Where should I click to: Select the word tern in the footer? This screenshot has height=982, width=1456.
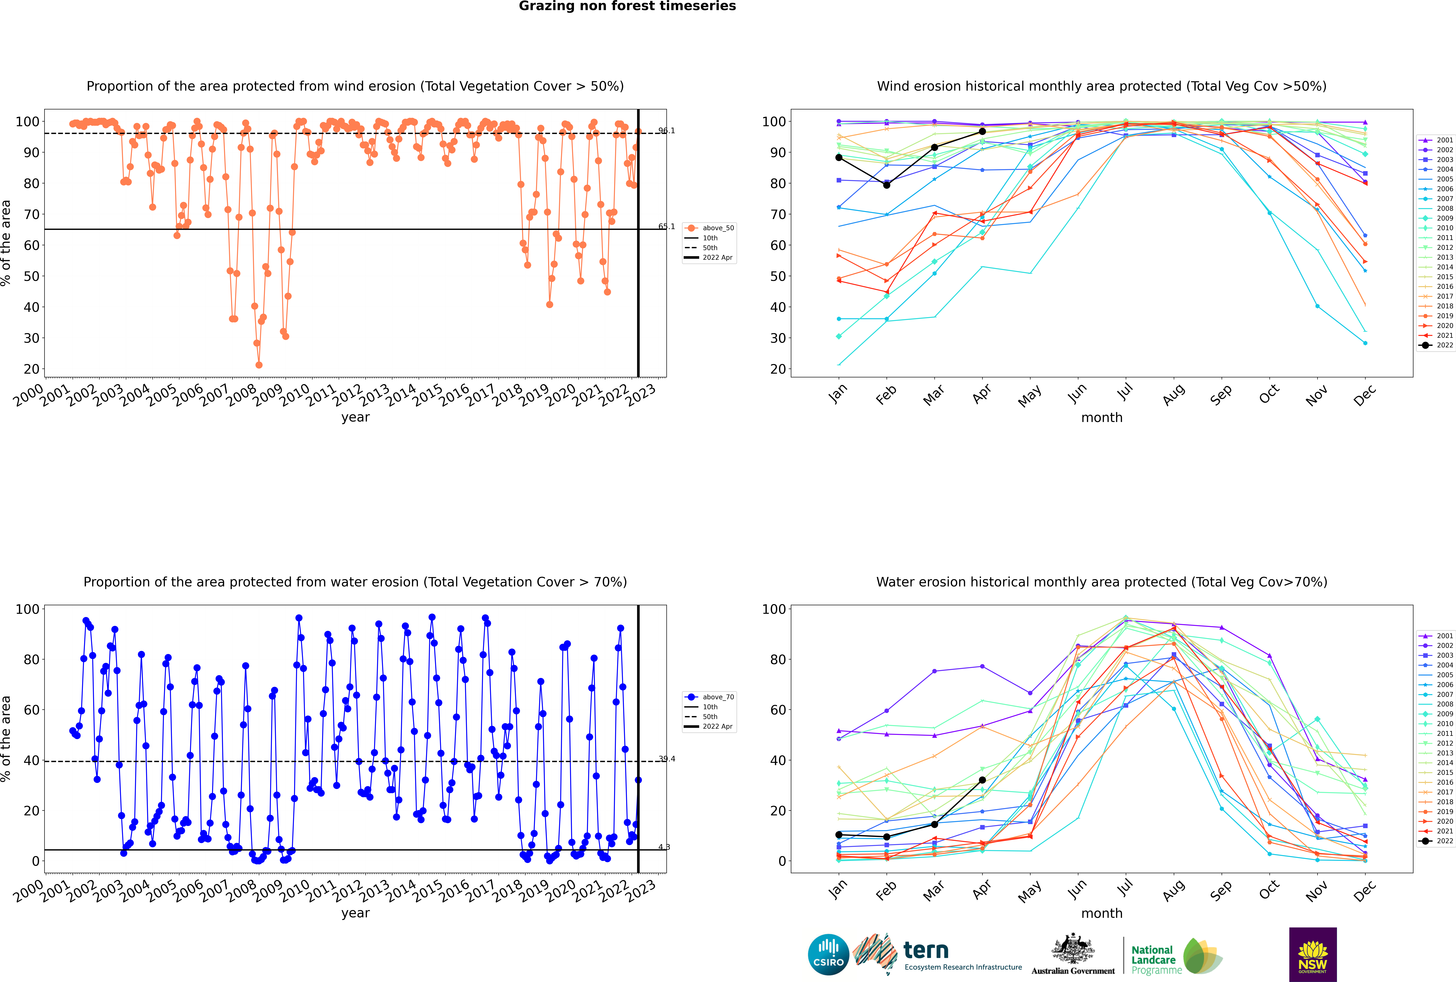(926, 951)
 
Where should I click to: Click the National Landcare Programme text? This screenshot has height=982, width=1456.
(1156, 959)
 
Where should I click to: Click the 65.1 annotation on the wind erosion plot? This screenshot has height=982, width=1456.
(667, 227)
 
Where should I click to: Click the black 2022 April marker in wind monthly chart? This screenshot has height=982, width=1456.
(982, 131)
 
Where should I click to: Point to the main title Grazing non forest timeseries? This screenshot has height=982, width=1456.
(627, 6)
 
